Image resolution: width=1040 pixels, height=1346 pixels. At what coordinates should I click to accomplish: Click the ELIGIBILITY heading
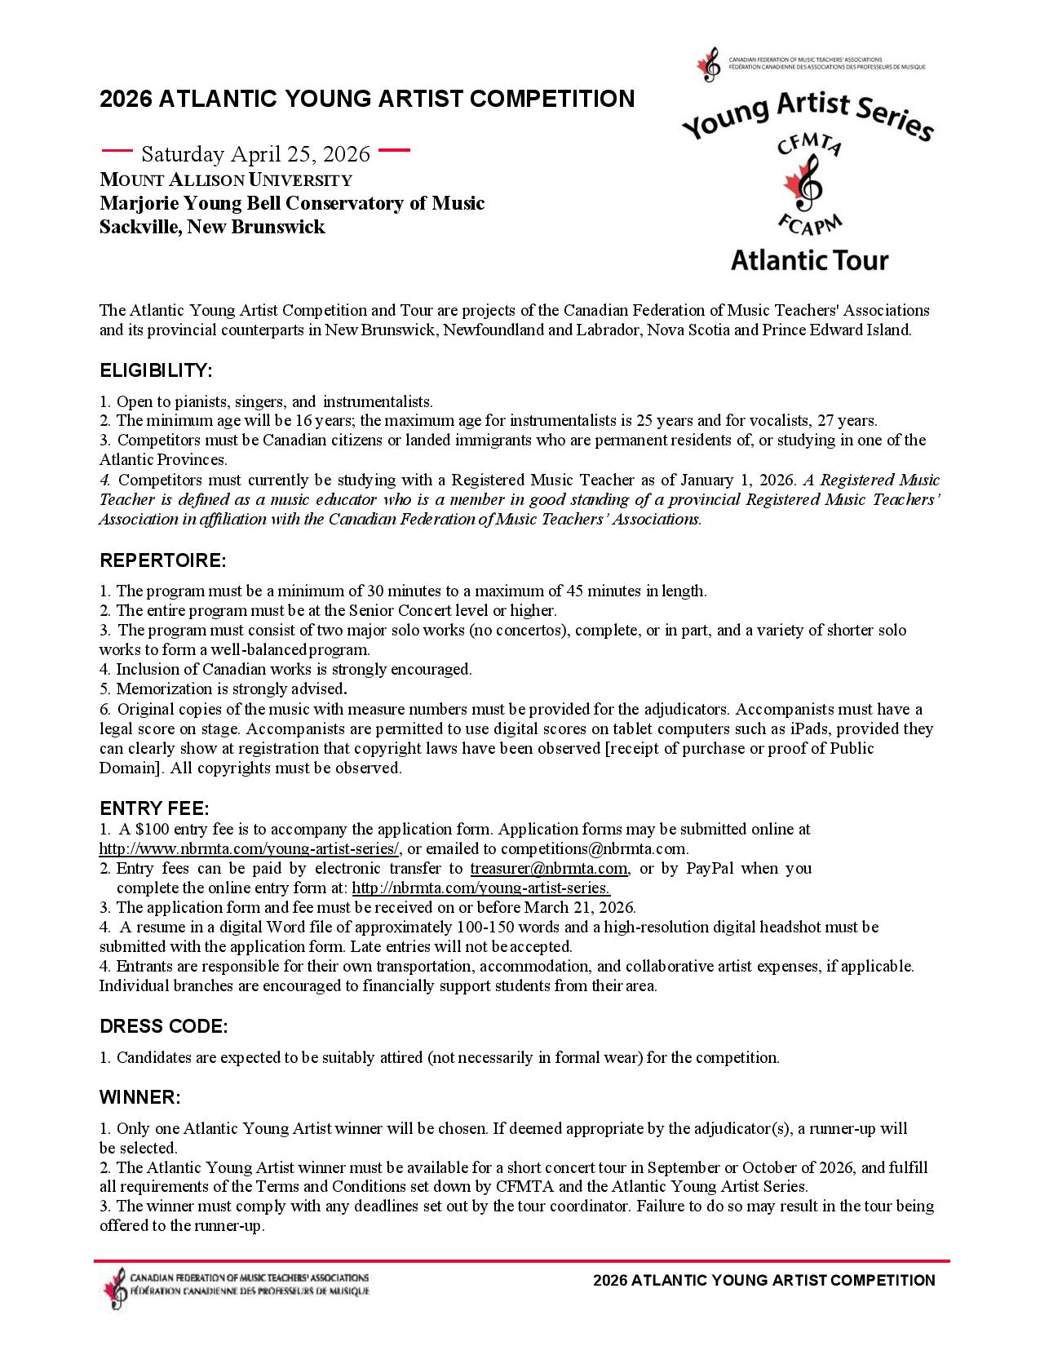coord(156,371)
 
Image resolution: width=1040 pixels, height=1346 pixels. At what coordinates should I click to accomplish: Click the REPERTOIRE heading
coord(162,561)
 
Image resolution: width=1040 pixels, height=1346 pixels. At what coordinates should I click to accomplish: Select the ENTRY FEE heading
coord(154,809)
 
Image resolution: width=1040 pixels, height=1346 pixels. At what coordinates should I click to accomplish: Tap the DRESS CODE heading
coord(163,1026)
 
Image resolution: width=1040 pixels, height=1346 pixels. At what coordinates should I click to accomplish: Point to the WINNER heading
coord(139,1098)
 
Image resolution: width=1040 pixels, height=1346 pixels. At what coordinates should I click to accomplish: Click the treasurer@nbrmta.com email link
coord(549,869)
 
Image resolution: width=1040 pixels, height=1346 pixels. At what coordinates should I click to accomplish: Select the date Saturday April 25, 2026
coord(256,154)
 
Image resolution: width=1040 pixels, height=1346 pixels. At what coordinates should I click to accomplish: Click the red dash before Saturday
coord(116,150)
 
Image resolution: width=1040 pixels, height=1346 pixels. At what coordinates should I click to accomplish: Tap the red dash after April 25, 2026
coord(394,150)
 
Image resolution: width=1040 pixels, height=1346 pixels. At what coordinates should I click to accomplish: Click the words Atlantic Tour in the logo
coord(808,261)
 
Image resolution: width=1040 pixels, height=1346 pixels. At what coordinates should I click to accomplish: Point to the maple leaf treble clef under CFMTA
coord(804,184)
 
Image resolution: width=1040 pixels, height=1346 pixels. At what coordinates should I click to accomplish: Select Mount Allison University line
coord(226,180)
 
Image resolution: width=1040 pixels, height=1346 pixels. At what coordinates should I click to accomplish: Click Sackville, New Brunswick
coord(212,228)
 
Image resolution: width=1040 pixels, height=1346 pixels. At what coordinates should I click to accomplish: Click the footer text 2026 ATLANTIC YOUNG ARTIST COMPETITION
coord(764,1281)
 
